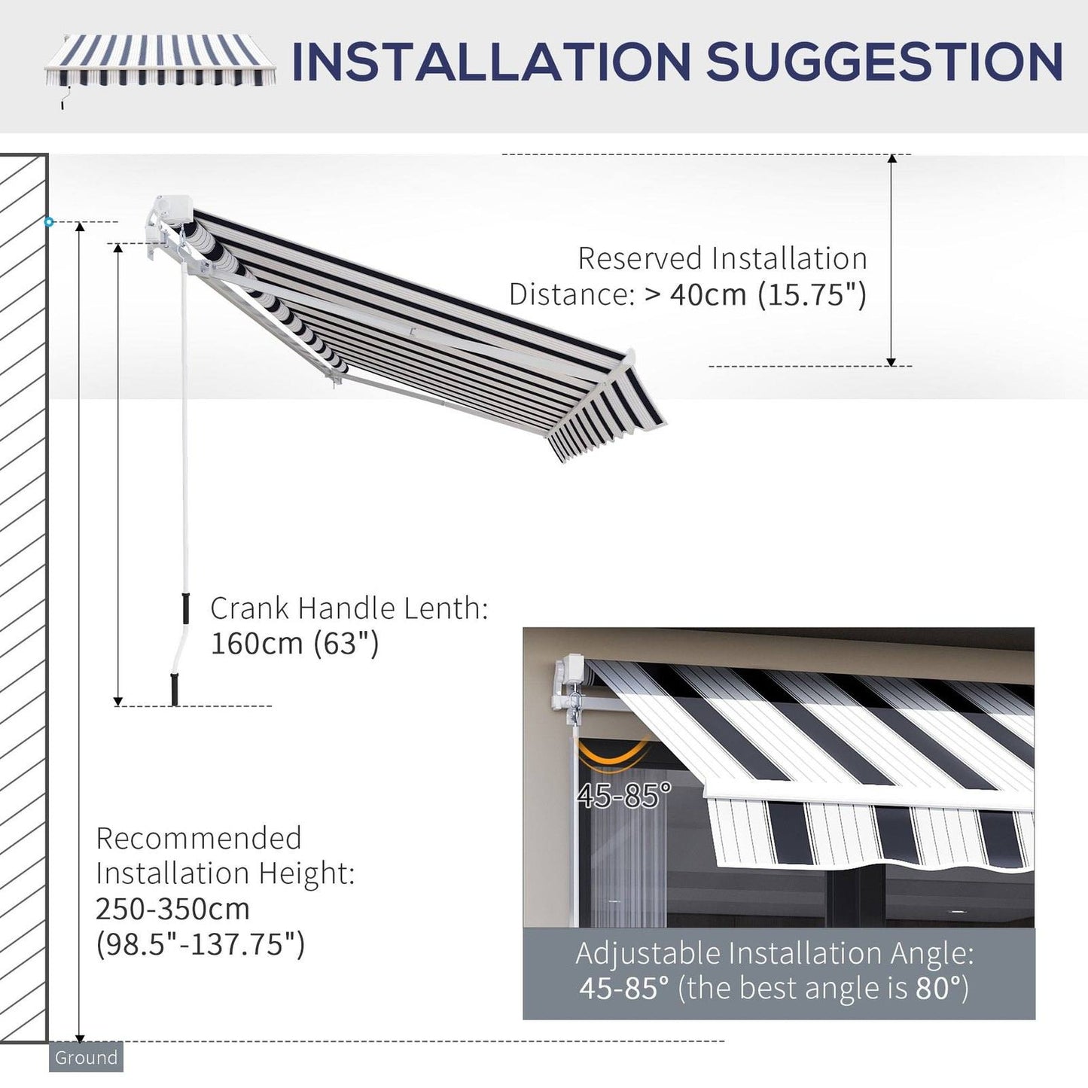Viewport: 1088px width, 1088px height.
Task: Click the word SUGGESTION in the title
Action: [884, 62]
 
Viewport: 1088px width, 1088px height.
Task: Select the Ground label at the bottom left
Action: [86, 1057]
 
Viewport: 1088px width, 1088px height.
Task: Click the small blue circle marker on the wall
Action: [49, 222]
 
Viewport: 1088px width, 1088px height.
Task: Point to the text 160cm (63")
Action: [294, 644]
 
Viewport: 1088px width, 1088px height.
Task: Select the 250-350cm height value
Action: [172, 909]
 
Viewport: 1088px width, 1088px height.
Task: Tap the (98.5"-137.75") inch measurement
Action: [200, 943]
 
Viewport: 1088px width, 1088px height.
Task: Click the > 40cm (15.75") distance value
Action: [755, 294]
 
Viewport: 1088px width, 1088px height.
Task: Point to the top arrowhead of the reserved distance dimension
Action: [892, 160]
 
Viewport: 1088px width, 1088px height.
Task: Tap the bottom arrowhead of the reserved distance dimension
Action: [892, 361]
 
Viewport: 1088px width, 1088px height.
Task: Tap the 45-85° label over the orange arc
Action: [623, 795]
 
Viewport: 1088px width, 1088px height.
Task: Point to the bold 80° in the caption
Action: [941, 988]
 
